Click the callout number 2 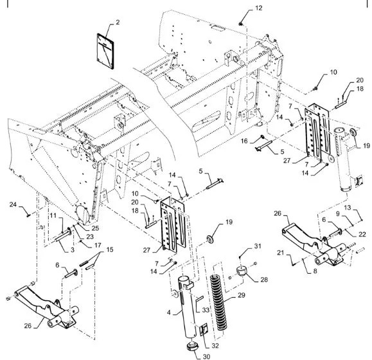pyautogui.click(x=118, y=23)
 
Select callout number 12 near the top pyautogui.click(x=241, y=8)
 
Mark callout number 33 pyautogui.click(x=206, y=310)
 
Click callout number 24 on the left pyautogui.click(x=12, y=205)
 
